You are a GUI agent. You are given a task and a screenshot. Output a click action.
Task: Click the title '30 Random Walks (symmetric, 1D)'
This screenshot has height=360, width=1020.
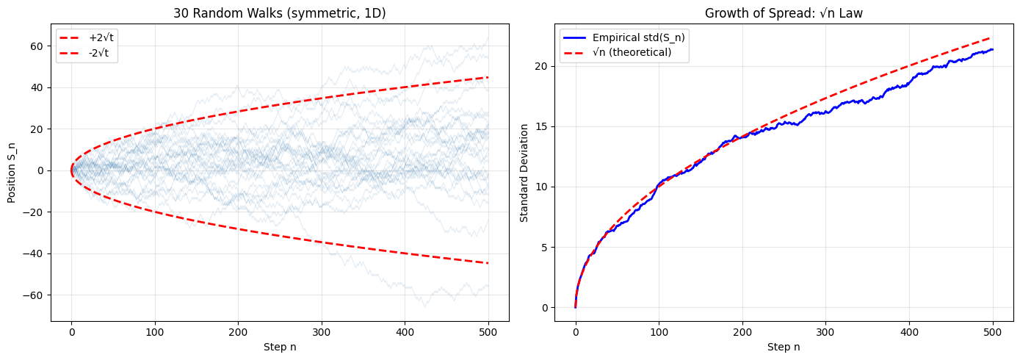coord(280,12)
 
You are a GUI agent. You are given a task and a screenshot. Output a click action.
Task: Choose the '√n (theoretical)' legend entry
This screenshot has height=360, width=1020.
coord(631,53)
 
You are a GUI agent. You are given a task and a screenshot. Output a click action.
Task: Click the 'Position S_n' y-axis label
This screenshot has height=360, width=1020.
coord(12,170)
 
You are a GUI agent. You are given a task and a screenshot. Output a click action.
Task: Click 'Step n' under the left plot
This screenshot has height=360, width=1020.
coord(280,347)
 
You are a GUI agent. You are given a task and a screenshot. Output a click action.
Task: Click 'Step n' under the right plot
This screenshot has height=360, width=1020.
coord(784,347)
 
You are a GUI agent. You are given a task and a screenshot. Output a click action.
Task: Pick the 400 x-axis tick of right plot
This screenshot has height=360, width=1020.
coord(909,330)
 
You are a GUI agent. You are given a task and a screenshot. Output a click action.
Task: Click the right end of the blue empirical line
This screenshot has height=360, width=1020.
coord(993,49)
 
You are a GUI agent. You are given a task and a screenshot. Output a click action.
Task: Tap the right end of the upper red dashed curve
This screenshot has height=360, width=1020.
coord(488,77)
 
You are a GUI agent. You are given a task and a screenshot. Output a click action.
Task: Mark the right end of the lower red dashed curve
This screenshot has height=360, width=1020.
coord(488,263)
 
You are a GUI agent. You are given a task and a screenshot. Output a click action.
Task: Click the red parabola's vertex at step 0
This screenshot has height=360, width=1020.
coord(71,170)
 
